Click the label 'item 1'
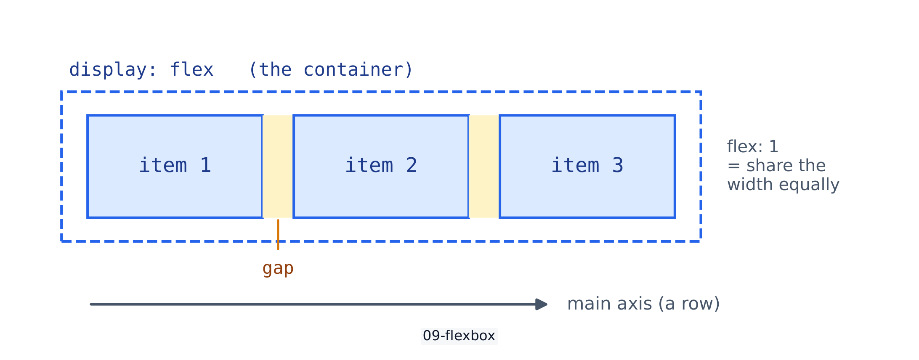(x=175, y=165)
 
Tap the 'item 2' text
(x=381, y=165)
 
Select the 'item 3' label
(x=587, y=165)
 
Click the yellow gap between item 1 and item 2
(x=278, y=166)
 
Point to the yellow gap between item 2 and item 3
(x=484, y=166)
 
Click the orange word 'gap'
(x=278, y=268)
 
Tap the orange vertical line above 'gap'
(x=278, y=235)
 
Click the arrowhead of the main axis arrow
(x=542, y=304)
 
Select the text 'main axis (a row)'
(x=643, y=304)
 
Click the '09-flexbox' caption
(x=459, y=336)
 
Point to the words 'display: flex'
(x=141, y=70)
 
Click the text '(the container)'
(x=331, y=70)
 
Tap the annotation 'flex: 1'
(x=753, y=146)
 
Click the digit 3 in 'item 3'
(x=618, y=165)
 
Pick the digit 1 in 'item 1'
(x=205, y=165)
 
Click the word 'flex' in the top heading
(x=192, y=70)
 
